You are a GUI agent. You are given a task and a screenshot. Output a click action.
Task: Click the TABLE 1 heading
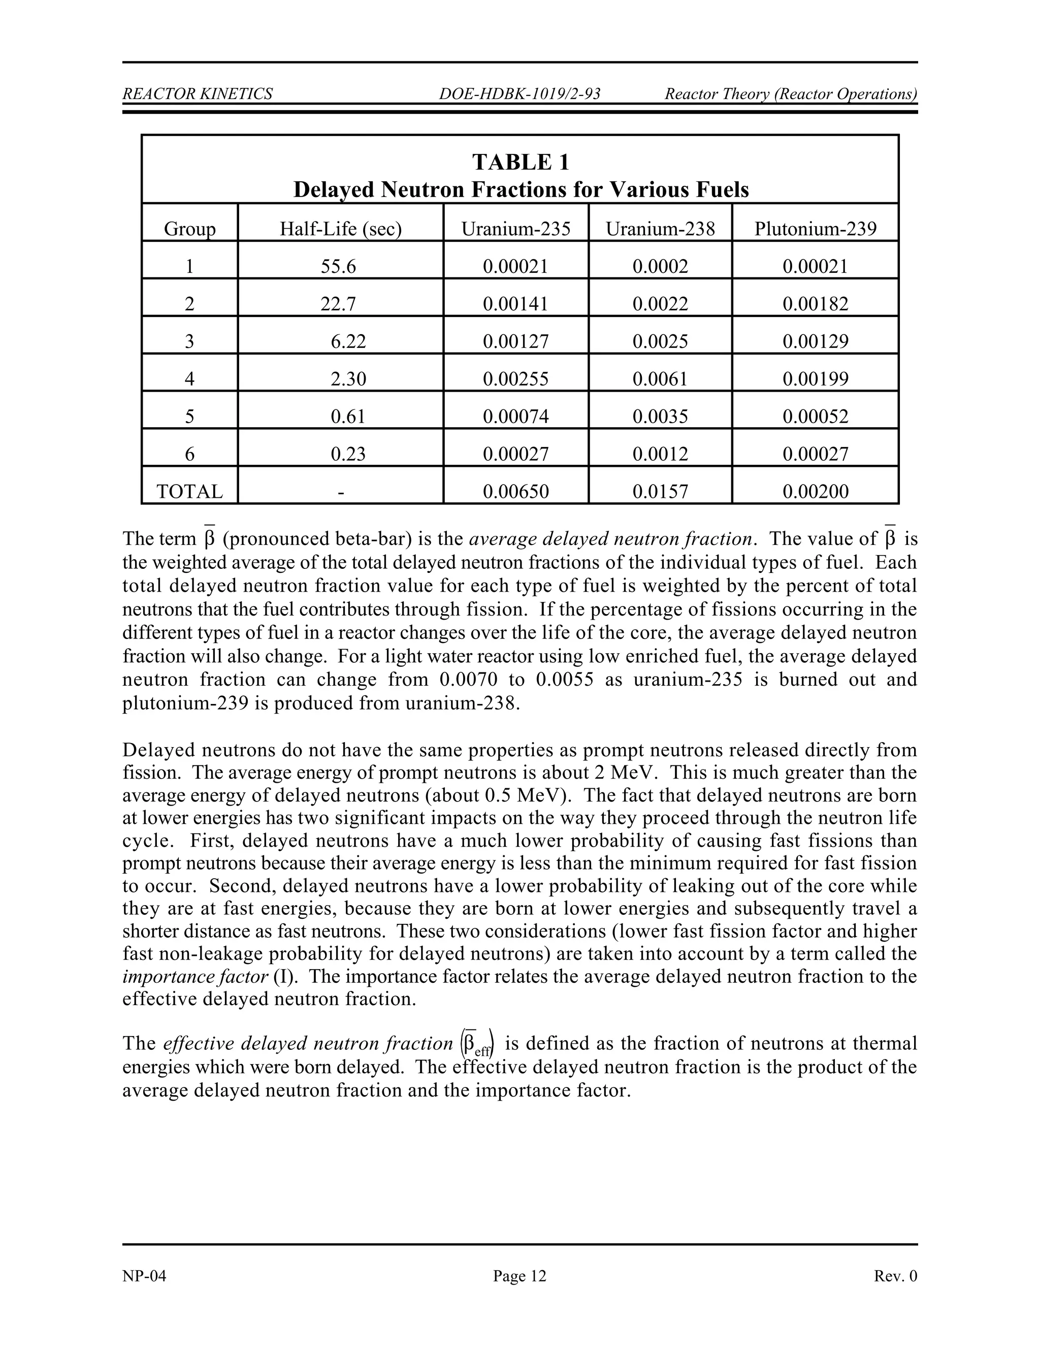pos(521,162)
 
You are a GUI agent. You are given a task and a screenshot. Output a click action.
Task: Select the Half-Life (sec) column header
pos(340,229)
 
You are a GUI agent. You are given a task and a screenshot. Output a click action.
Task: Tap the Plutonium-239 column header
pos(815,229)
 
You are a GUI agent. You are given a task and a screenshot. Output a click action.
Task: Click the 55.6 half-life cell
pos(338,266)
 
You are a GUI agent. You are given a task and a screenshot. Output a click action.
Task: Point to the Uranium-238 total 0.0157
pos(660,491)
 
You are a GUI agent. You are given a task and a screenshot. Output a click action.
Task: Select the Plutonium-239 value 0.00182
pos(815,304)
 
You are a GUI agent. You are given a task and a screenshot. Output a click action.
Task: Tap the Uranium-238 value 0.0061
pos(660,379)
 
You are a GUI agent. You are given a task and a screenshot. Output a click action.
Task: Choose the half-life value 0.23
pos(348,454)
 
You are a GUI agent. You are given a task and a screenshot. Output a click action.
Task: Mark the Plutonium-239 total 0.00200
pos(815,491)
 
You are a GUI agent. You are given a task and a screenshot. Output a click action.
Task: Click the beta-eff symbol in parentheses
pos(480,1044)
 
